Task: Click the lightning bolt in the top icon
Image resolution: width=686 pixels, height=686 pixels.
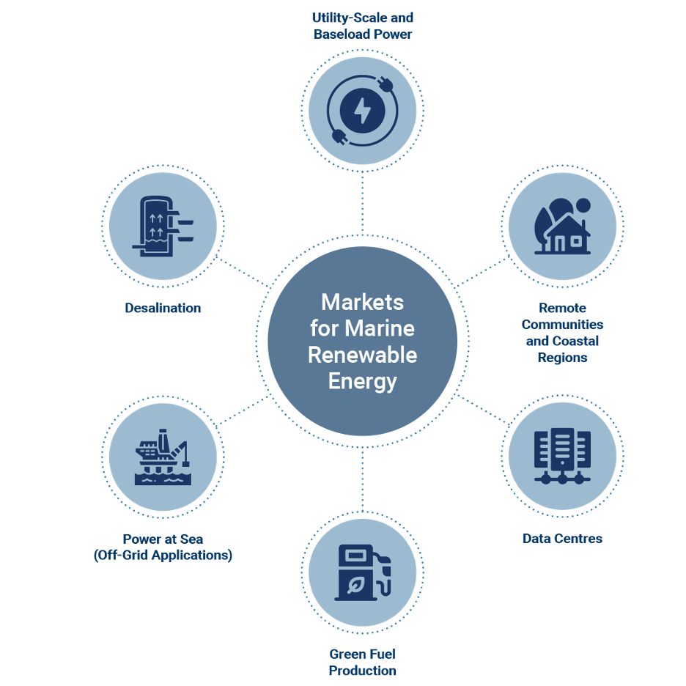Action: click(362, 112)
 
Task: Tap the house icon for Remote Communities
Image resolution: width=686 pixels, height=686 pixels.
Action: click(568, 235)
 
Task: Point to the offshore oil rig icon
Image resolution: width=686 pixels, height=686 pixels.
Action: click(163, 457)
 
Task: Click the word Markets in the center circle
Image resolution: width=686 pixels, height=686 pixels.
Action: click(362, 302)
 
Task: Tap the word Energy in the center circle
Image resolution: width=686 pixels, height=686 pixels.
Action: click(362, 381)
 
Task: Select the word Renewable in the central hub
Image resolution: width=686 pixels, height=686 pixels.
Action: click(362, 355)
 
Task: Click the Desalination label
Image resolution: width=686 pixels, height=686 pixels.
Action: click(162, 308)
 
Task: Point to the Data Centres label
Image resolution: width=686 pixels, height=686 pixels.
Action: click(562, 538)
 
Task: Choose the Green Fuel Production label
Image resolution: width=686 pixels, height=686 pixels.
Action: click(362, 662)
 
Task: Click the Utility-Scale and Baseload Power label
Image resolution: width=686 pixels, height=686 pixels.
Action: click(362, 25)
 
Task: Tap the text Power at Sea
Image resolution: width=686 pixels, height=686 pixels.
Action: click(163, 539)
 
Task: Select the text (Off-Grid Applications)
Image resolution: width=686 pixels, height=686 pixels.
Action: click(163, 556)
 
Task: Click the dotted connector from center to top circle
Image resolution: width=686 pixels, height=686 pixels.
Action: click(362, 205)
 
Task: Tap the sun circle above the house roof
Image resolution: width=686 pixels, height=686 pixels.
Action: click(583, 205)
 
